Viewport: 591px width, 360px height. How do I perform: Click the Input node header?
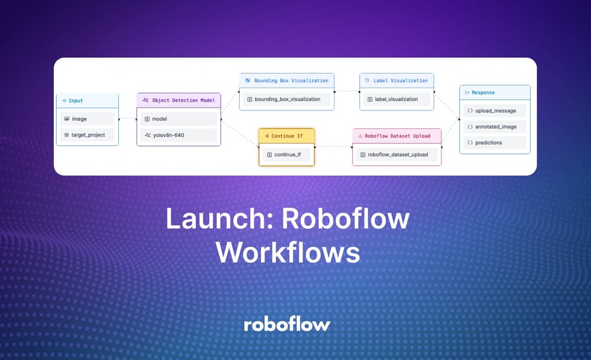click(x=87, y=101)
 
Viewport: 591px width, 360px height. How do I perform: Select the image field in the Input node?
click(x=87, y=119)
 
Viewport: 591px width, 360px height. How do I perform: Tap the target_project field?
click(x=87, y=135)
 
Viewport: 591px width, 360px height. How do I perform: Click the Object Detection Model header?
click(x=179, y=100)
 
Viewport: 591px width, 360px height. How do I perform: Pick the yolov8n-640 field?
click(x=179, y=135)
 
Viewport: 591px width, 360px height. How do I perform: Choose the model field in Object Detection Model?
click(x=179, y=119)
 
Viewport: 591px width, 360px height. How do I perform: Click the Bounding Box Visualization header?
click(x=287, y=80)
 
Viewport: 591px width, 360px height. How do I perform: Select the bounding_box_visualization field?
click(x=287, y=99)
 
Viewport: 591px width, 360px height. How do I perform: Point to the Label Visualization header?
click(x=397, y=80)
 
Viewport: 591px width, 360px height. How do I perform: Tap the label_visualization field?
click(x=397, y=99)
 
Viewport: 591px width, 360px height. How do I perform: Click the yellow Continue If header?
click(x=287, y=136)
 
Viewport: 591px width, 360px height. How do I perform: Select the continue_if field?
click(x=287, y=155)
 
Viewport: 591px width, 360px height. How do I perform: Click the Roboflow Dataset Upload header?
click(x=397, y=136)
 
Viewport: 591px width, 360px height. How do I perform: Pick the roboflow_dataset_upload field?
click(x=397, y=155)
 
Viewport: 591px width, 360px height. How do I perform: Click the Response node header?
click(x=495, y=93)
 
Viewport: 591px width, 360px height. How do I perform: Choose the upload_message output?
click(x=495, y=111)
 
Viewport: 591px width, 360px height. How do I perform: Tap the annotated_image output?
click(x=495, y=127)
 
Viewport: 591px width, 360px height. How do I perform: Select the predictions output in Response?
click(x=495, y=142)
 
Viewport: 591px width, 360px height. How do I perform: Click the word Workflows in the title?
click(x=288, y=252)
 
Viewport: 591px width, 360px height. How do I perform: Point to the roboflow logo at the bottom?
click(x=287, y=324)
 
